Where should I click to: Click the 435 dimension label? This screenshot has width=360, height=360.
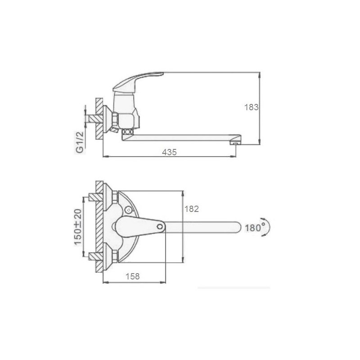click(x=169, y=152)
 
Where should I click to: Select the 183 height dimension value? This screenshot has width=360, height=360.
click(x=251, y=107)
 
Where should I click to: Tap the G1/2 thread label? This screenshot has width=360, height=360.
click(x=80, y=142)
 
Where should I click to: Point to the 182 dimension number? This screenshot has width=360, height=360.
click(x=192, y=209)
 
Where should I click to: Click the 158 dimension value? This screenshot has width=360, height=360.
click(x=132, y=276)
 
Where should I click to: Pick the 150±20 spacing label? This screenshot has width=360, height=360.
click(x=78, y=227)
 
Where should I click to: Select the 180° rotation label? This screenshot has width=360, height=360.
click(x=255, y=228)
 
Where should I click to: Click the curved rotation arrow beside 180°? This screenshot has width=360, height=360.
click(x=267, y=227)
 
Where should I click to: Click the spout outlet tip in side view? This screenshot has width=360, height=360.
click(x=235, y=144)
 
